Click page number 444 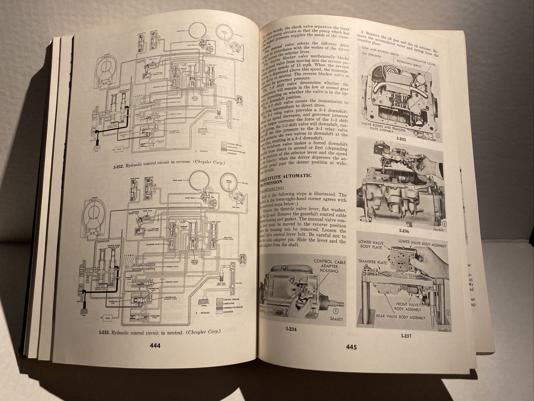click(x=155, y=346)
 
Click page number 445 click(x=351, y=347)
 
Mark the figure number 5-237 click(x=406, y=336)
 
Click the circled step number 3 click(x=435, y=224)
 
